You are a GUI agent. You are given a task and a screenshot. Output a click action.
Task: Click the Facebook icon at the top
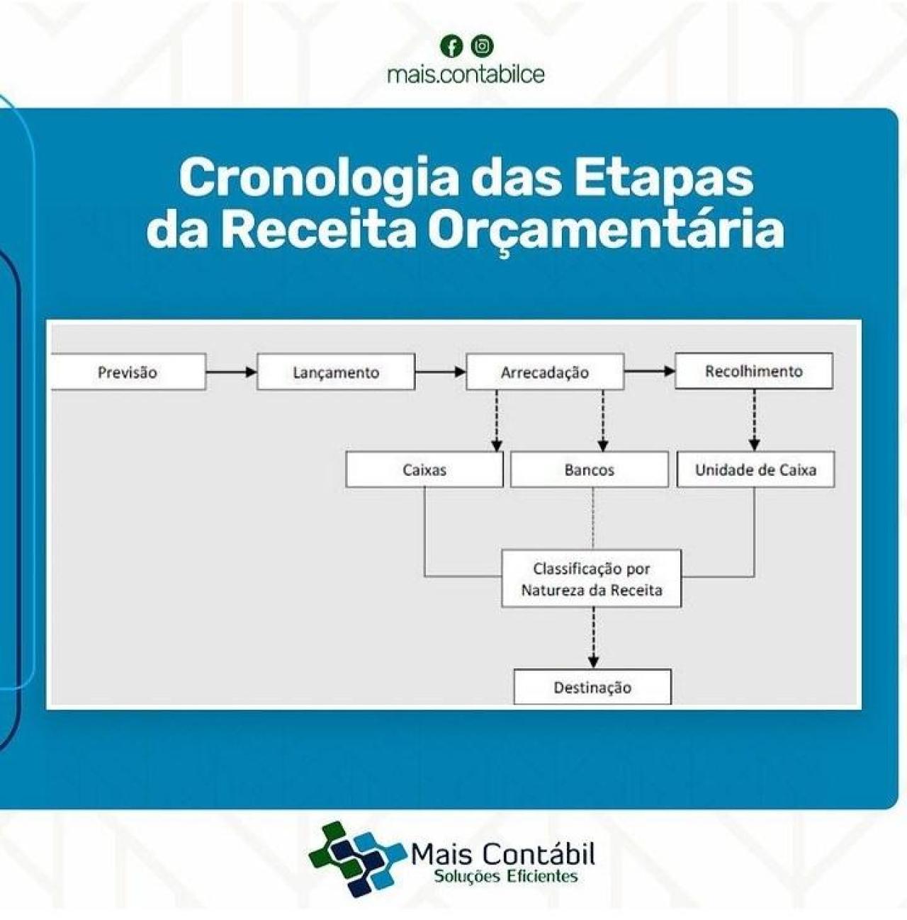pyautogui.click(x=451, y=47)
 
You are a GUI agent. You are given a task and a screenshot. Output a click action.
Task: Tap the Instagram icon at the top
pyautogui.click(x=483, y=47)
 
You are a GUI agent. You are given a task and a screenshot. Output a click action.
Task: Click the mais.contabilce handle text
pyautogui.click(x=466, y=74)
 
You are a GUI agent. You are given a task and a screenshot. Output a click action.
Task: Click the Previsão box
pyautogui.click(x=128, y=373)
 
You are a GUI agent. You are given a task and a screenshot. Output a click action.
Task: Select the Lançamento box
pyautogui.click(x=336, y=373)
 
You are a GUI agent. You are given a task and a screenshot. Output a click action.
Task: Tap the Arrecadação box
pyautogui.click(x=544, y=373)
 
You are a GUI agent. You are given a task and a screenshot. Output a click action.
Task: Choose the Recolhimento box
pyautogui.click(x=753, y=372)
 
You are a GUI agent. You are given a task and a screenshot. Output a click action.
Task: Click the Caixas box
pyautogui.click(x=424, y=470)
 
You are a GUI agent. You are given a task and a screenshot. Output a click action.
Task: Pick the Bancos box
pyautogui.click(x=589, y=470)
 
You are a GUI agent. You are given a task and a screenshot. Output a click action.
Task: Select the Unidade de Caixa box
pyautogui.click(x=755, y=470)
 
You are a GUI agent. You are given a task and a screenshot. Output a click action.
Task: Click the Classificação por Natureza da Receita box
pyautogui.click(x=592, y=579)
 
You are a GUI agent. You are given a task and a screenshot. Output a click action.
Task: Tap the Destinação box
pyautogui.click(x=592, y=687)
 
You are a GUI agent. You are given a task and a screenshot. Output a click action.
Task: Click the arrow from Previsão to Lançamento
pyautogui.click(x=231, y=372)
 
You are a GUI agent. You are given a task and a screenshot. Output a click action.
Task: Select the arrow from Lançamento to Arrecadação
pyautogui.click(x=440, y=372)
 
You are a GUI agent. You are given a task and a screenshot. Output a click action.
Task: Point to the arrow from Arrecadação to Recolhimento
pyautogui.click(x=649, y=371)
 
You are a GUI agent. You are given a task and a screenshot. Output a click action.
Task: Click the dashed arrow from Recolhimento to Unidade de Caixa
pyautogui.click(x=754, y=419)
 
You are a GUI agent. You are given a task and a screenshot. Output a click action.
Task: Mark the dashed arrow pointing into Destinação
pyautogui.click(x=594, y=637)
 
